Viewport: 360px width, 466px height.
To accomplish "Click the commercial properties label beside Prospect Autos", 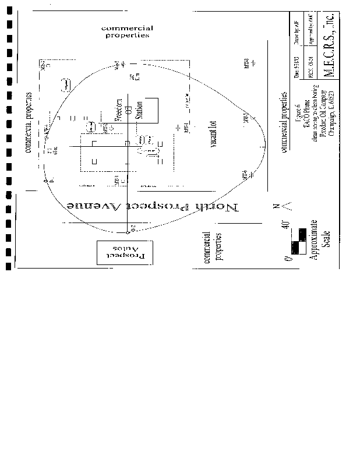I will coord(213,247).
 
